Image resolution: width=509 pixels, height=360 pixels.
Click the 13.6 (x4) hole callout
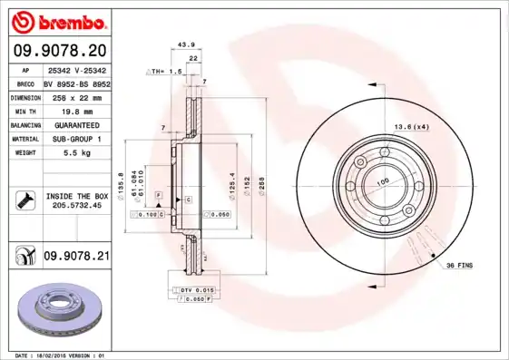tap(412, 126)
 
